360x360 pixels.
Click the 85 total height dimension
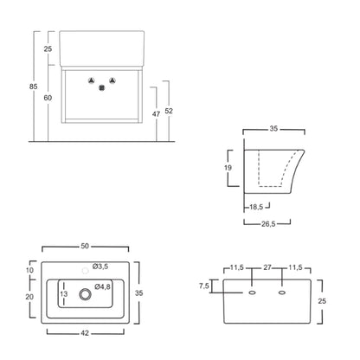[x=34, y=87]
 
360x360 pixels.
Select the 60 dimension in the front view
[x=48, y=98]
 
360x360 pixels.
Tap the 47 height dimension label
[x=156, y=114]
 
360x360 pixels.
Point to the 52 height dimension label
[x=169, y=111]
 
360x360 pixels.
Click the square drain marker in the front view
[x=102, y=88]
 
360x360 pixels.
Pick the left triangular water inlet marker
[x=91, y=80]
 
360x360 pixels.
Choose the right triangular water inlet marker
[x=112, y=80]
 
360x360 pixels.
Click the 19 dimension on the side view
[x=228, y=168]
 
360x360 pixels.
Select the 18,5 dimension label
[x=256, y=207]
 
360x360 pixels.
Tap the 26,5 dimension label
[x=268, y=224]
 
